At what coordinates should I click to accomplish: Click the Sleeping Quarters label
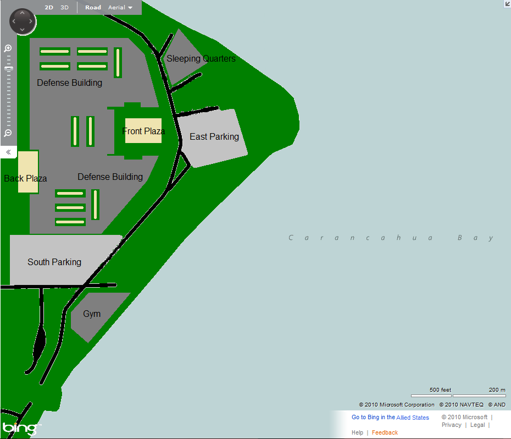[201, 59]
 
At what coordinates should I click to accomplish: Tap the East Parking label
[214, 136]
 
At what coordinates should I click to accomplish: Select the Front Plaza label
[143, 131]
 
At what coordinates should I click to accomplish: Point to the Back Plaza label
[25, 178]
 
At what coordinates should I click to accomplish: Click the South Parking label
[54, 262]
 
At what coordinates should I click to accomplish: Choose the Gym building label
[92, 314]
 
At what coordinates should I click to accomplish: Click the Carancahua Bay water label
[391, 238]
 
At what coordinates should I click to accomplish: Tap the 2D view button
[49, 8]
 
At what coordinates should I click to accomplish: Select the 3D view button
[64, 8]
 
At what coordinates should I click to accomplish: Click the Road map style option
[93, 8]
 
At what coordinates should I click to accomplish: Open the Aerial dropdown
[120, 8]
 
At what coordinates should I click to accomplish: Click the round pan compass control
[23, 22]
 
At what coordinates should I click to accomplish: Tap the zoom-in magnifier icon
[8, 48]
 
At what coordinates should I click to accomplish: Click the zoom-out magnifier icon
[8, 133]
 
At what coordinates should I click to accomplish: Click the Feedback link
[385, 432]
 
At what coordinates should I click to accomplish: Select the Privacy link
[451, 425]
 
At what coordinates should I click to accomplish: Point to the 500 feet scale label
[440, 389]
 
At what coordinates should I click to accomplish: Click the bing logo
[20, 428]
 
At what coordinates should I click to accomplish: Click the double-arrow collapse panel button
[9, 152]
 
